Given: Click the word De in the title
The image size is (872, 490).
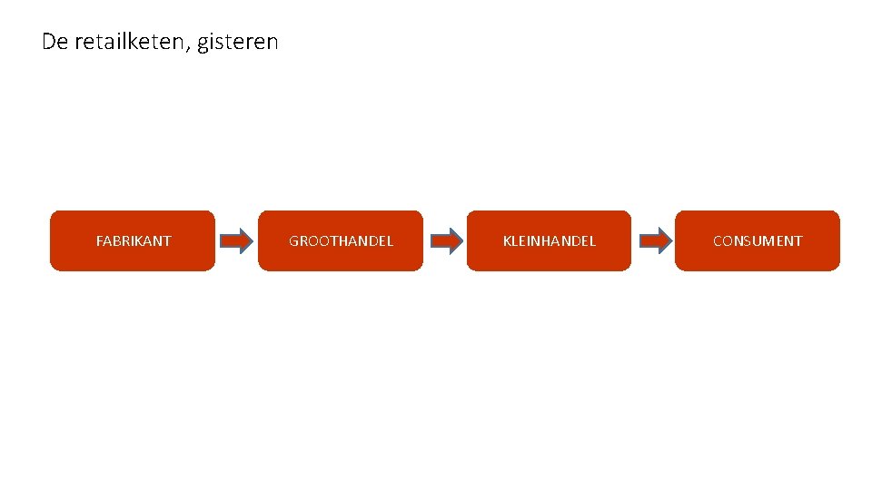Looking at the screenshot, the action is (x=54, y=42).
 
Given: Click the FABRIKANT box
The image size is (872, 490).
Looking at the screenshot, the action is (x=133, y=240).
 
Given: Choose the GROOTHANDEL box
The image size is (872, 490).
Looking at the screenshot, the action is (x=341, y=240).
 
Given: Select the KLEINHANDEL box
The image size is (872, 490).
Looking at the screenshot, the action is (x=549, y=240).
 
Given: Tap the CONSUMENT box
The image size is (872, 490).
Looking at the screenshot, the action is (x=758, y=240).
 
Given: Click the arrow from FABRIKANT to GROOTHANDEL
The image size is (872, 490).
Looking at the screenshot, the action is (x=236, y=240).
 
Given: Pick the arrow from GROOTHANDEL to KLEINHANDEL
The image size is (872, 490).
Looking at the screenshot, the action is (x=445, y=240).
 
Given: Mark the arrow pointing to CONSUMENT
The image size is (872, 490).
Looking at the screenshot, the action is (x=654, y=240).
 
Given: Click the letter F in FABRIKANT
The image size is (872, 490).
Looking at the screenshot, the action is (x=100, y=241).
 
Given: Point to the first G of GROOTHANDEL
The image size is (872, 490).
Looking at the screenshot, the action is (x=294, y=241).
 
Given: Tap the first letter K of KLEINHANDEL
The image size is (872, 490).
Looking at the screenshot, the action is (x=507, y=241).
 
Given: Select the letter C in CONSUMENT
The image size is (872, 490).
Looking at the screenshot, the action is (x=718, y=241).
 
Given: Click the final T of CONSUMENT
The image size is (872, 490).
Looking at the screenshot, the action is (x=798, y=241).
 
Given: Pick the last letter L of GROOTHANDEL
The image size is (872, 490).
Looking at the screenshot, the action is (x=390, y=241).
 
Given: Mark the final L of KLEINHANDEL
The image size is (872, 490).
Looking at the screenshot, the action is (x=592, y=241).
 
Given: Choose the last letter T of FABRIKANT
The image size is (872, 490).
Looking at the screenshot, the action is (x=167, y=241).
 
